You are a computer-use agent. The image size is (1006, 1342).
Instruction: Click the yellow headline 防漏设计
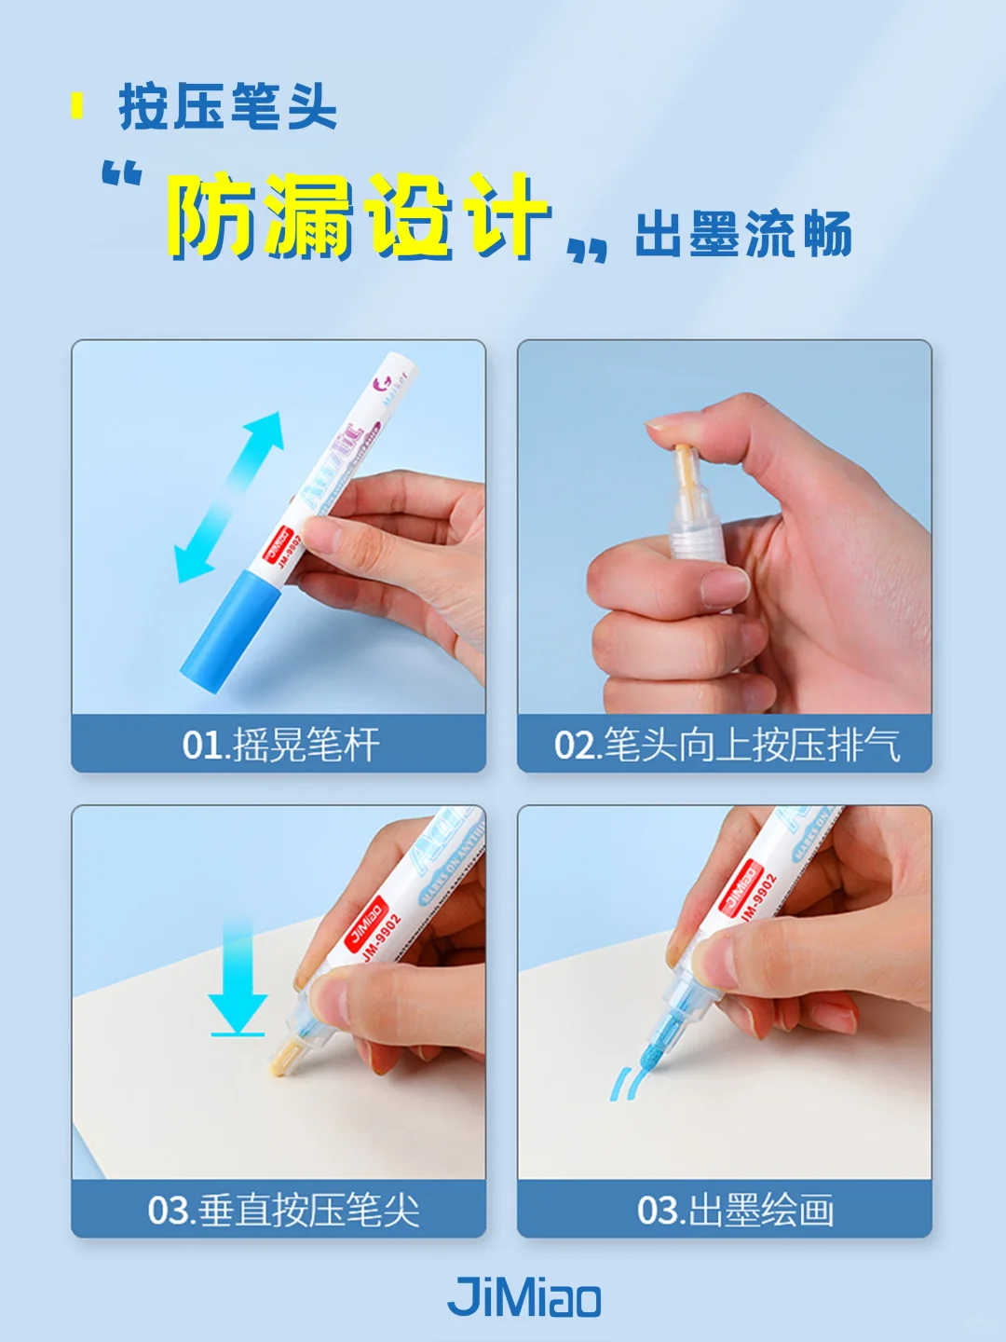coord(358,216)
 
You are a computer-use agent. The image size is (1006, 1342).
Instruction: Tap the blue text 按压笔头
coord(227,107)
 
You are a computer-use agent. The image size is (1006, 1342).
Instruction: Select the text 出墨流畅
coord(742,234)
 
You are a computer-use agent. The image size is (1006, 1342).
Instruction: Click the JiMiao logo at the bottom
coord(524,1296)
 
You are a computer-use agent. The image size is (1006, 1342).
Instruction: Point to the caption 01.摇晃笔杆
coord(280,745)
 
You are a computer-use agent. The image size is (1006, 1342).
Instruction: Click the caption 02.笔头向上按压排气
coord(727,745)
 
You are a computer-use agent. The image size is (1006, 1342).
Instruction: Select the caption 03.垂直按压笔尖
coord(283,1210)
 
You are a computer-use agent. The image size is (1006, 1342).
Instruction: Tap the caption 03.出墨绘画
coord(735,1210)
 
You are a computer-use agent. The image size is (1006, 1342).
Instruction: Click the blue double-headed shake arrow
coord(230,497)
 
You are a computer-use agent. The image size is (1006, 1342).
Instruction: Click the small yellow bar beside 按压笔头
coord(77,106)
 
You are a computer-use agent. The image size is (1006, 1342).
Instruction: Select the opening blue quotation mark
coord(122,173)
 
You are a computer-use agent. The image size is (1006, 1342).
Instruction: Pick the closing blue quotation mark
coord(588,250)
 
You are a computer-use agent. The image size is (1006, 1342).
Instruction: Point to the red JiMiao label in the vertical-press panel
coord(365,923)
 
